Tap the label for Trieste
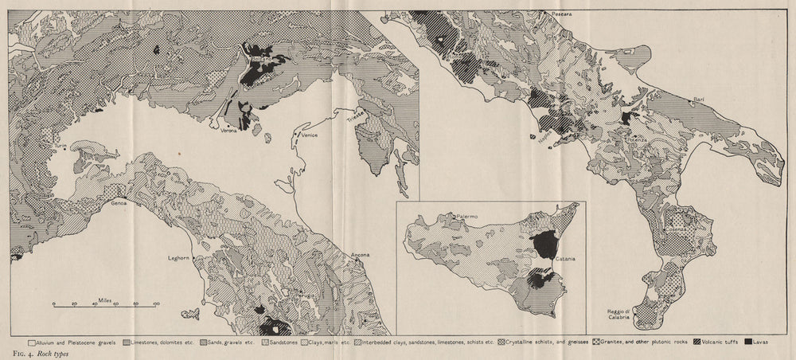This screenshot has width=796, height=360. [x=356, y=116]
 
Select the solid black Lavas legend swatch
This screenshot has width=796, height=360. [x=750, y=342]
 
